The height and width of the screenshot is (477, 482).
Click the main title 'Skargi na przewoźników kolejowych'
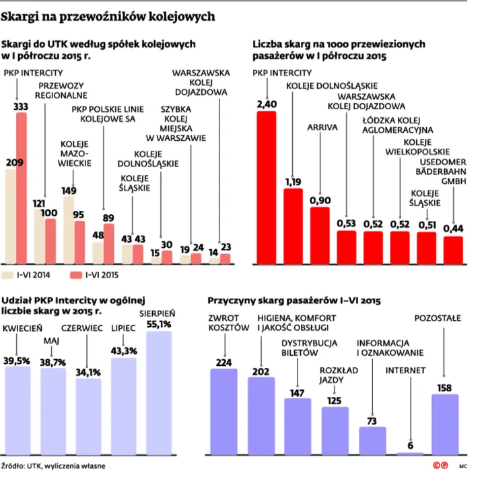[x=108, y=16]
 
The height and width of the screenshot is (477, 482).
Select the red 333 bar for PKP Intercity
[x=22, y=188]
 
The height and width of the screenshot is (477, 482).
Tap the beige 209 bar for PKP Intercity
[x=11, y=216]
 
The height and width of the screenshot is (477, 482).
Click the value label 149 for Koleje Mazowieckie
[x=69, y=191]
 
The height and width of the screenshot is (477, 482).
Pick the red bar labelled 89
[x=109, y=244]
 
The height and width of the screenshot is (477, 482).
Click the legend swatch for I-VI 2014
[x=7, y=275]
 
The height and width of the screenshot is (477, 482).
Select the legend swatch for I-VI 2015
[x=76, y=275]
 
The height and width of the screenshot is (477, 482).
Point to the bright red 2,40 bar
[x=267, y=188]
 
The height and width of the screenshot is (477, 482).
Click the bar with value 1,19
[x=293, y=226]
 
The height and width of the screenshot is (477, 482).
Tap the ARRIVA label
[x=322, y=127]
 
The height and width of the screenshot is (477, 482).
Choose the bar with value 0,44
[x=453, y=250]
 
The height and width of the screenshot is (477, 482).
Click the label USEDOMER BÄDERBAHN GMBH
[x=441, y=171]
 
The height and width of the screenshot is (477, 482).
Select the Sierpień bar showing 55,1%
[x=159, y=393]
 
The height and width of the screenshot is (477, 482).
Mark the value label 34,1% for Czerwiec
[x=88, y=373]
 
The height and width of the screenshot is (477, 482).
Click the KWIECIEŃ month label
[x=22, y=328]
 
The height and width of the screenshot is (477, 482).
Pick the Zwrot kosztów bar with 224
[x=223, y=412]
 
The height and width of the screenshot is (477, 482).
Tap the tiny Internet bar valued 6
[x=410, y=453]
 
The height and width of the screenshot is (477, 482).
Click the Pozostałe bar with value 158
[x=445, y=424]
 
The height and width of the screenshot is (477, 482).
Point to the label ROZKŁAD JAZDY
[x=339, y=375]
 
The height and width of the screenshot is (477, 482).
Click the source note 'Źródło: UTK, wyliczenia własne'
[x=53, y=466]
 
